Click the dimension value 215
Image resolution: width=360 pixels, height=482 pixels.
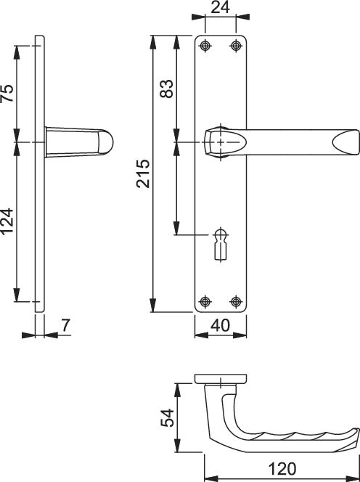point(143,173)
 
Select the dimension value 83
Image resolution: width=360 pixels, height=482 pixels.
point(167,89)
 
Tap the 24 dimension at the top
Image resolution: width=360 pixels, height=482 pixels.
point(220,7)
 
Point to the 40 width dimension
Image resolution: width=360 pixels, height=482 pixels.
point(221,325)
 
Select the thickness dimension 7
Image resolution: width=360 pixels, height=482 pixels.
point(65,325)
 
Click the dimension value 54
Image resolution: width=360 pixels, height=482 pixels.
point(168,417)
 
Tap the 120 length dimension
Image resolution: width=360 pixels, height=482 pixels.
point(282,469)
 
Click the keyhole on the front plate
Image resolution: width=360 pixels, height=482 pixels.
point(221,245)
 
